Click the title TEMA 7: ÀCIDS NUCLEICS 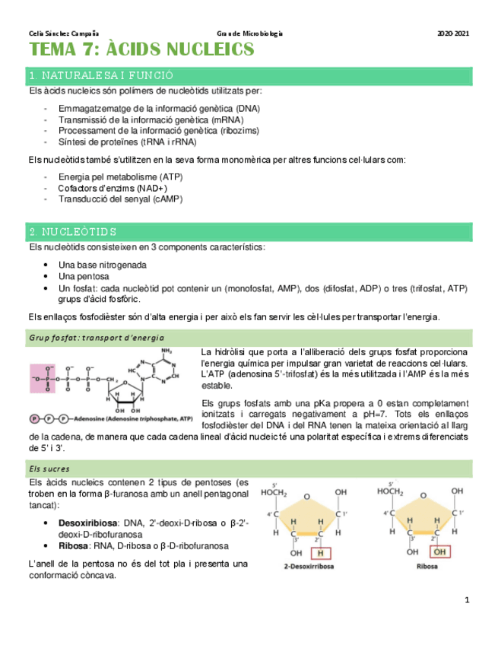141,51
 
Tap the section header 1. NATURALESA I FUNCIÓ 100,76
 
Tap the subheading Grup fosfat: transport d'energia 97,338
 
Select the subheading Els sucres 49,469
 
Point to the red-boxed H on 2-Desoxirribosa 323,552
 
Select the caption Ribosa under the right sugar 428,567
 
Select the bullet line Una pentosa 84,276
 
